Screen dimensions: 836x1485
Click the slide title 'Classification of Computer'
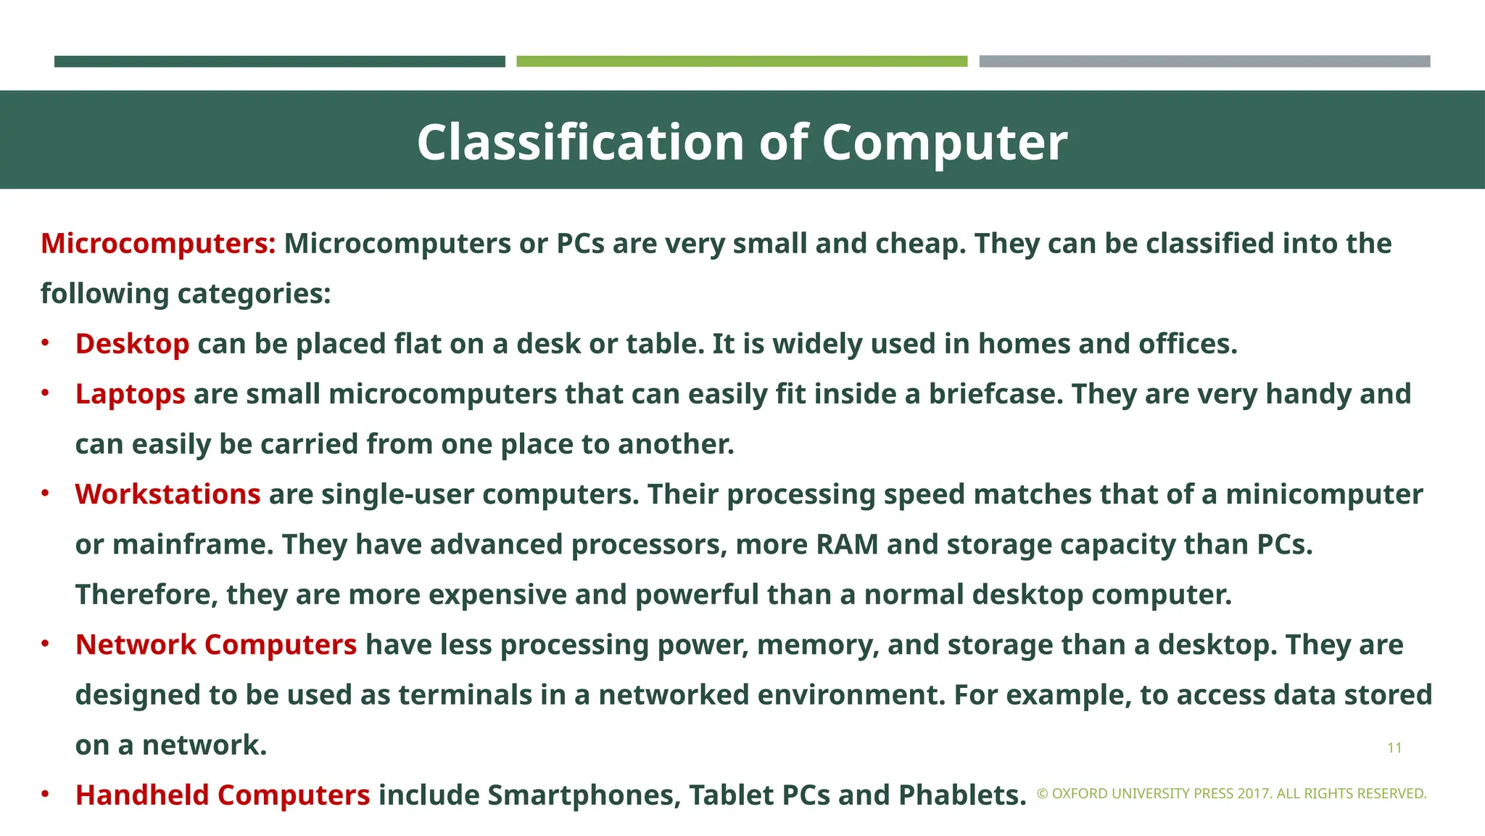742,142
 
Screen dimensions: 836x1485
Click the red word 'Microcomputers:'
158,244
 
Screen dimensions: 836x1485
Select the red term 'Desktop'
132,344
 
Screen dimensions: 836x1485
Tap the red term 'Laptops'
131,394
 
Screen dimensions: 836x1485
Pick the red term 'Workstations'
167,494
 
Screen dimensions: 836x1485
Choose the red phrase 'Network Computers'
216,644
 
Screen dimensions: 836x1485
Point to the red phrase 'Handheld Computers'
223,795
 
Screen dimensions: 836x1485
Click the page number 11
1394,748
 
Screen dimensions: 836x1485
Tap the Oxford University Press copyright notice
1231,794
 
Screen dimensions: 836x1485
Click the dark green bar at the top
279,62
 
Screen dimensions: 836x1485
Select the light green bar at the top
741,62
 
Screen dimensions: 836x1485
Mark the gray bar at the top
1204,62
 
